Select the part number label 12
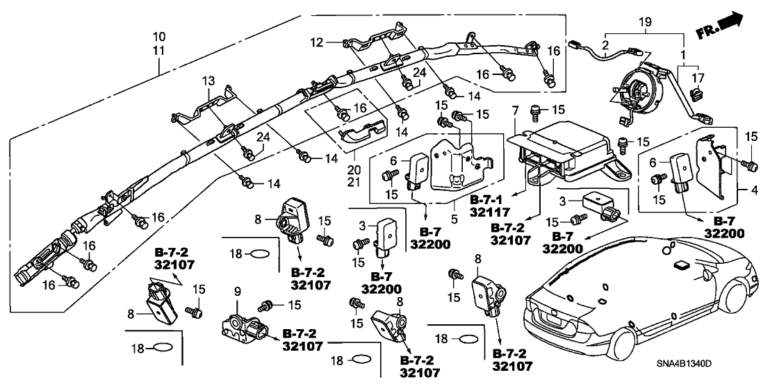point(316,43)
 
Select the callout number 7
point(514,110)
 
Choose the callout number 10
point(159,36)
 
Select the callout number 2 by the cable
point(605,45)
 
